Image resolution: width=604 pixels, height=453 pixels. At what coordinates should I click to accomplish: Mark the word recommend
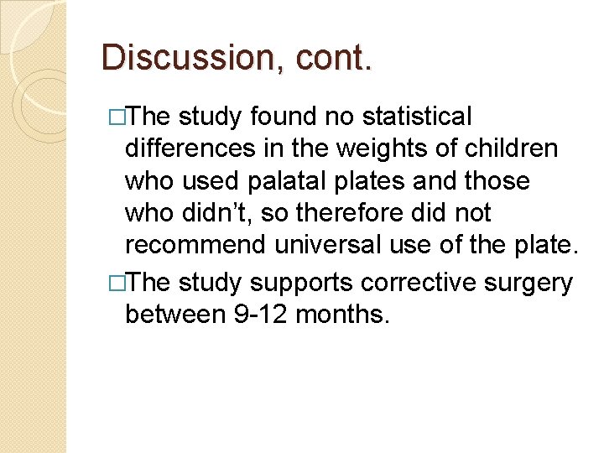(192, 245)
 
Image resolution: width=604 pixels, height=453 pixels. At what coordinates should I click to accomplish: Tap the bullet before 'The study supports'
(116, 284)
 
